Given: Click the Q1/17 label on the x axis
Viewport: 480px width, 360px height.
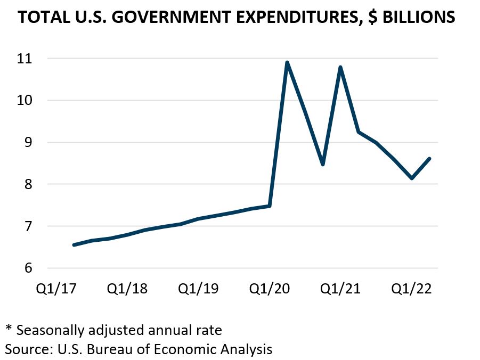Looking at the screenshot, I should pyautogui.click(x=56, y=289).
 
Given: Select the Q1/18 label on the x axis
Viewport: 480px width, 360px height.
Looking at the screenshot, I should pyautogui.click(x=127, y=289).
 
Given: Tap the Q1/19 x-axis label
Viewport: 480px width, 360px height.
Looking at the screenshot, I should pyautogui.click(x=198, y=289).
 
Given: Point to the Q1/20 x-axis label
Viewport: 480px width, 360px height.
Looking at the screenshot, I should pyautogui.click(x=269, y=289).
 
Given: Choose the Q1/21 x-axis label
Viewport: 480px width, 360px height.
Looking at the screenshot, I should pyautogui.click(x=340, y=289).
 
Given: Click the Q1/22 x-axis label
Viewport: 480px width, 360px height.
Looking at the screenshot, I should pyautogui.click(x=411, y=289).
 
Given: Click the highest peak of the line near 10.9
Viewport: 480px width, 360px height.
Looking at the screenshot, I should pyautogui.click(x=287, y=62).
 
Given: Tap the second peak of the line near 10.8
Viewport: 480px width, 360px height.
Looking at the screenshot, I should pyautogui.click(x=340, y=67).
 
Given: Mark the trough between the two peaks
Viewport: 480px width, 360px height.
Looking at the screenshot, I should pyautogui.click(x=323, y=165).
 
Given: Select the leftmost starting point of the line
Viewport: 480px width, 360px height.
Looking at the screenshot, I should pyautogui.click(x=74, y=245).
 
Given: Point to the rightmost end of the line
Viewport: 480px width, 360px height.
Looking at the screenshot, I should pyautogui.click(x=429, y=158).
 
